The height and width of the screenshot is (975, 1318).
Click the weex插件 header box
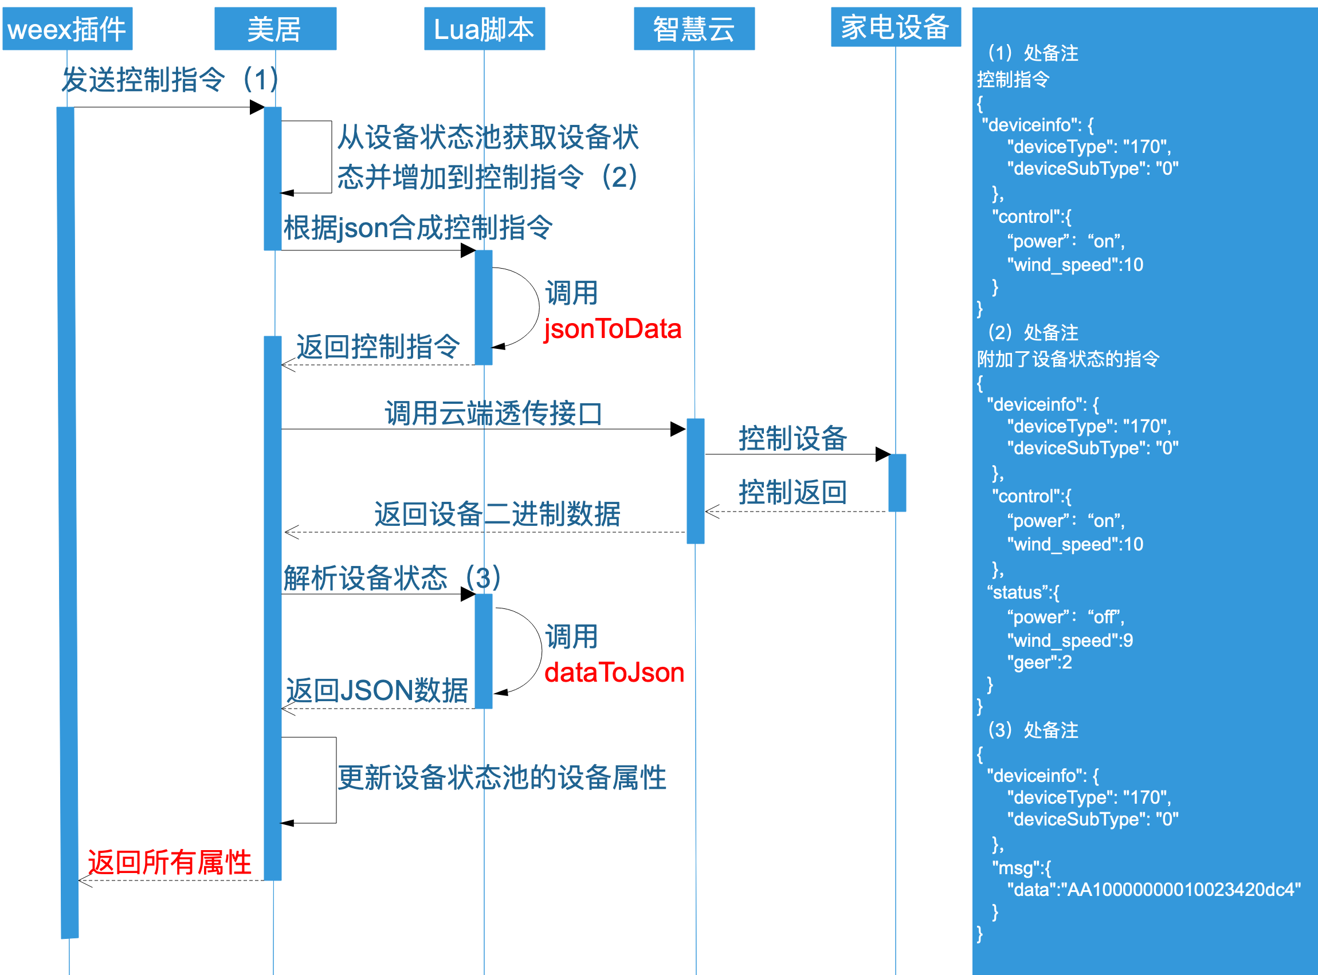point(67,29)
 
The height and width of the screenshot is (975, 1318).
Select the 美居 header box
point(275,29)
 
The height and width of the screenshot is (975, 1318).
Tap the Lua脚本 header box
point(484,29)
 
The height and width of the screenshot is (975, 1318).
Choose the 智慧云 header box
point(694,29)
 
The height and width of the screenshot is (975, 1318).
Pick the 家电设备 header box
point(896,27)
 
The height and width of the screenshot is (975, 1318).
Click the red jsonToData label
point(612,329)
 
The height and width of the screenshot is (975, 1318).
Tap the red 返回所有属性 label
point(170,862)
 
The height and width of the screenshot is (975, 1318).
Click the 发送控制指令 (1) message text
point(170,79)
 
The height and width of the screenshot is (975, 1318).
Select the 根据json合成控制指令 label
point(418,228)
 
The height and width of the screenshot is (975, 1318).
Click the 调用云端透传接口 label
point(493,413)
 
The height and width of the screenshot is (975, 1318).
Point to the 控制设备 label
point(793,438)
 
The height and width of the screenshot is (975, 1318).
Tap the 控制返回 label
point(793,492)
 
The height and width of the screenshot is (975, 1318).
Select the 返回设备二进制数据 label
point(497,514)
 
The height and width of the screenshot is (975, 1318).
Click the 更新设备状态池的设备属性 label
point(502,778)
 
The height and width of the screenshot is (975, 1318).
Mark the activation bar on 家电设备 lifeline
point(897,483)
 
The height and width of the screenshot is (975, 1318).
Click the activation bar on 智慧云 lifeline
point(695,481)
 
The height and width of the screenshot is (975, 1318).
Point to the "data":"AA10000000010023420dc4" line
point(1154,890)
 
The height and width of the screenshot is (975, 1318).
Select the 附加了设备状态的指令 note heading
point(1068,359)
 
